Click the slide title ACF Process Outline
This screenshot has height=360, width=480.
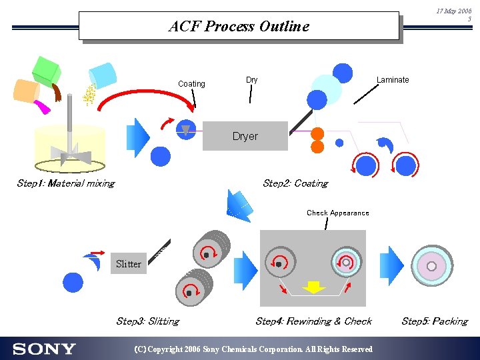[239, 27]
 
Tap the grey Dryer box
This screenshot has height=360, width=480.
[245, 136]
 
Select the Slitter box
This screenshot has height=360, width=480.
[128, 264]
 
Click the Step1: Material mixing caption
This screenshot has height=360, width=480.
[65, 183]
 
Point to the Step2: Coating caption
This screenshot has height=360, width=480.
[295, 183]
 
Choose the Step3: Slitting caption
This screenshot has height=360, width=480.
[147, 321]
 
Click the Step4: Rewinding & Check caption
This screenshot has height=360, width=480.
[313, 321]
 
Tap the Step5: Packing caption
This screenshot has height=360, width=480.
[434, 321]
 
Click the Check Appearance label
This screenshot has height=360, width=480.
[337, 213]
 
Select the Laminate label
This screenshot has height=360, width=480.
[393, 80]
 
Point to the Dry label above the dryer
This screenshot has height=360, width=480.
[251, 80]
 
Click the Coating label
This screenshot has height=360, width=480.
[191, 84]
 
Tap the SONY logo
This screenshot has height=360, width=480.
[44, 349]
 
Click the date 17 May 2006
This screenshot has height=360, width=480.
[453, 11]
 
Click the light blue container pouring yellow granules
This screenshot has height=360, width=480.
[103, 74]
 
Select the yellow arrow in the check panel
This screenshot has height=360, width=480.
[313, 287]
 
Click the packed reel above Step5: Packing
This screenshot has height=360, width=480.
[432, 266]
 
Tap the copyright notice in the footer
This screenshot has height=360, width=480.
[253, 349]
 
